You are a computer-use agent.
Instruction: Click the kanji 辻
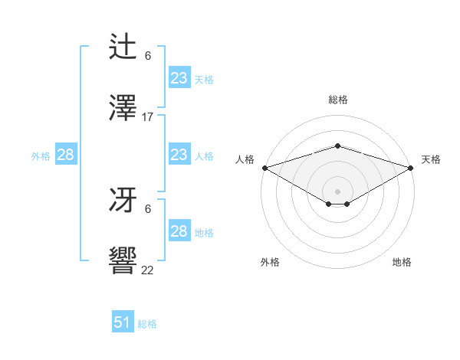click(x=123, y=47)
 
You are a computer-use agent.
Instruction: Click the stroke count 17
click(x=148, y=117)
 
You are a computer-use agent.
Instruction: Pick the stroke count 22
click(x=148, y=270)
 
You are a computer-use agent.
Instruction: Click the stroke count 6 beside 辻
click(x=148, y=56)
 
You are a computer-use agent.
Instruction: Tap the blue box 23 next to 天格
click(x=179, y=78)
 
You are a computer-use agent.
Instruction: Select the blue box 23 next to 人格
click(x=179, y=155)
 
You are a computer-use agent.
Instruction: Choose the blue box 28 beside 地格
click(x=179, y=231)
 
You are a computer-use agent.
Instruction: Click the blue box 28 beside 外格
click(x=65, y=155)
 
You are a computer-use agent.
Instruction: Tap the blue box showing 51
click(x=123, y=322)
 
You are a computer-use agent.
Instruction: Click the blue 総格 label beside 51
click(x=147, y=324)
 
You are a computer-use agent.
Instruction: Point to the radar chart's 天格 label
click(x=431, y=159)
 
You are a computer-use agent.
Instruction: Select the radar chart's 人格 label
click(x=245, y=159)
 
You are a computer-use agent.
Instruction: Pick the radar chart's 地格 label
click(x=402, y=262)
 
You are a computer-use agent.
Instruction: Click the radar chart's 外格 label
click(x=270, y=262)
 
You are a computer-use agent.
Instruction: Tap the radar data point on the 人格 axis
click(x=264, y=168)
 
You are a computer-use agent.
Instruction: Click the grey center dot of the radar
click(x=337, y=191)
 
